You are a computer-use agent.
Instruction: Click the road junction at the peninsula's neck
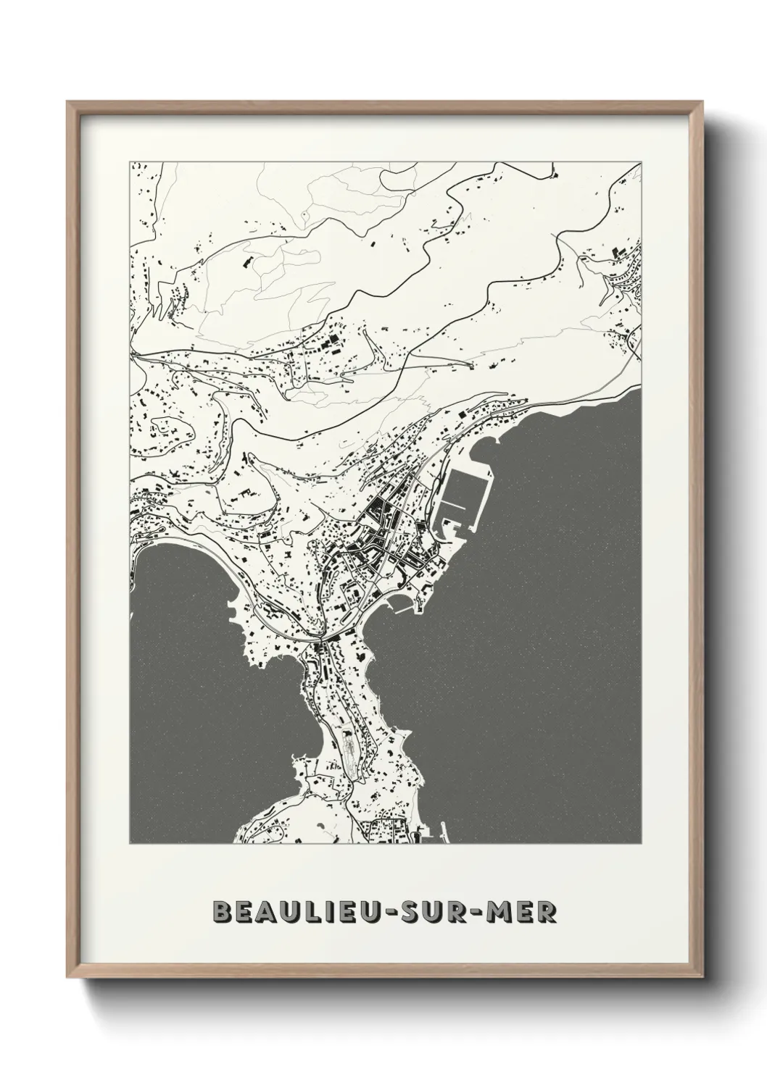[x=320, y=640]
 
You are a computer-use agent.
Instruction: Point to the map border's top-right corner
[x=641, y=162]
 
